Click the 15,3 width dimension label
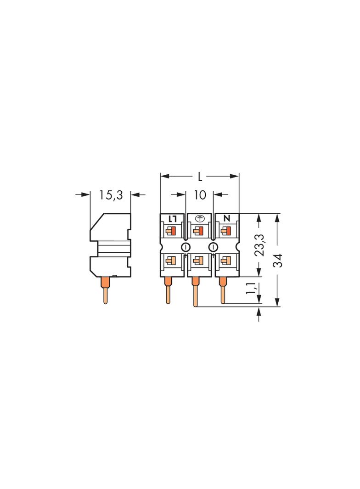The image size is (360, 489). (x=111, y=195)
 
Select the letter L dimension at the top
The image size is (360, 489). (x=200, y=176)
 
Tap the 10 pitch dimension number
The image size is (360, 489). (x=200, y=195)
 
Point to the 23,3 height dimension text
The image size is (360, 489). (x=259, y=245)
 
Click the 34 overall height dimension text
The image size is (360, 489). (x=277, y=260)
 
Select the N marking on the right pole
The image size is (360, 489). (x=226, y=219)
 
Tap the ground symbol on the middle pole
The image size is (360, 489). (x=200, y=219)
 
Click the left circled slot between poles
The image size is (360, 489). (x=186, y=247)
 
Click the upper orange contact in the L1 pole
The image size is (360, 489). (x=171, y=230)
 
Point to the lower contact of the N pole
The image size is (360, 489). (x=225, y=261)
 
